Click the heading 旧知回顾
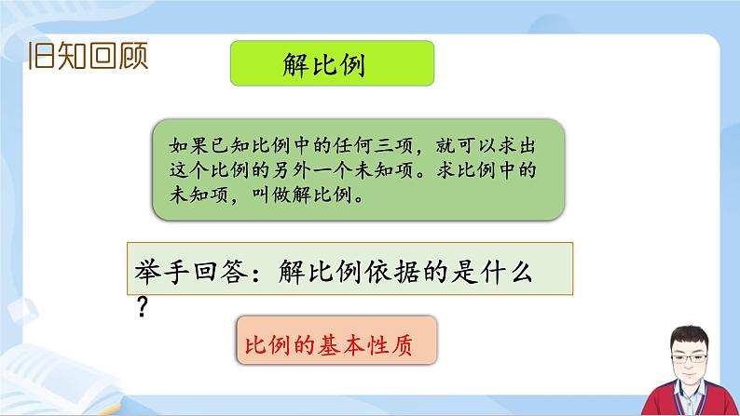[x=88, y=59]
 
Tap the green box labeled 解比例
[x=332, y=65]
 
